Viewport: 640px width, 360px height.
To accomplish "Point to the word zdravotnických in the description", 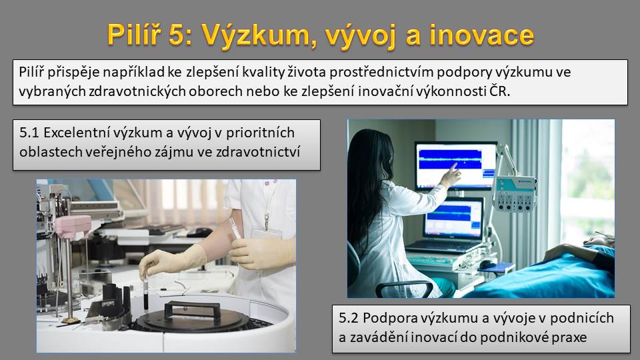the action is (x=136, y=91).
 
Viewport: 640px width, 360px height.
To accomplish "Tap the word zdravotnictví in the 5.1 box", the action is (x=258, y=152).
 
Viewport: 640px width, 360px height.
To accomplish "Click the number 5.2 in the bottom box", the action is (x=349, y=318).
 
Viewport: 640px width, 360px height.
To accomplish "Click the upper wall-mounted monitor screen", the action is (x=456, y=166).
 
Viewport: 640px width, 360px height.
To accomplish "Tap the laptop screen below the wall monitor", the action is (x=453, y=219).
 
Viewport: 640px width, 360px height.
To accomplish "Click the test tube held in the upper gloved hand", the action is (x=234, y=228).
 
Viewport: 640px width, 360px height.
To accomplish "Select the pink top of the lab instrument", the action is (x=73, y=226).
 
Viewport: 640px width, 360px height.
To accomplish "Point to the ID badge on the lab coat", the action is (x=267, y=233).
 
